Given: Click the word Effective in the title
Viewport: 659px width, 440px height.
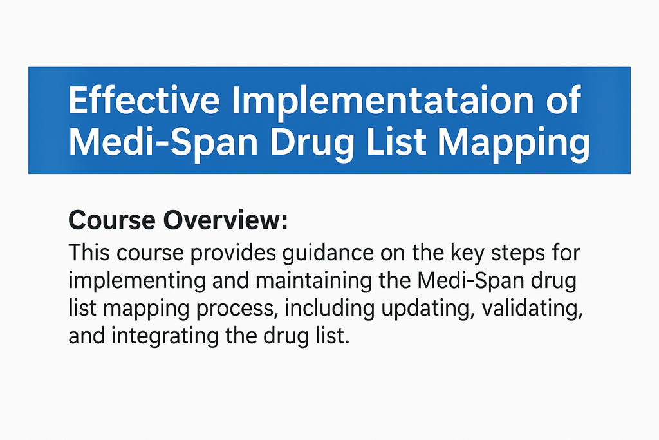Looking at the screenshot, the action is tap(144, 100).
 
